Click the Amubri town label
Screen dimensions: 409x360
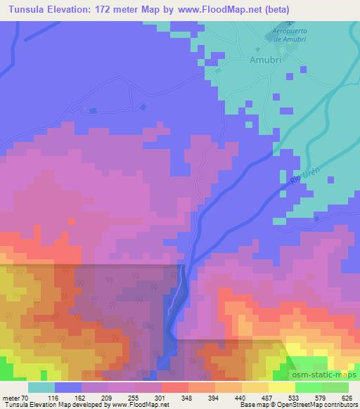[263, 61]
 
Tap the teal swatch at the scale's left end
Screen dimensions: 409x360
[41, 387]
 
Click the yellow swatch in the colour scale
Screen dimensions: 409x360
[281, 387]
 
